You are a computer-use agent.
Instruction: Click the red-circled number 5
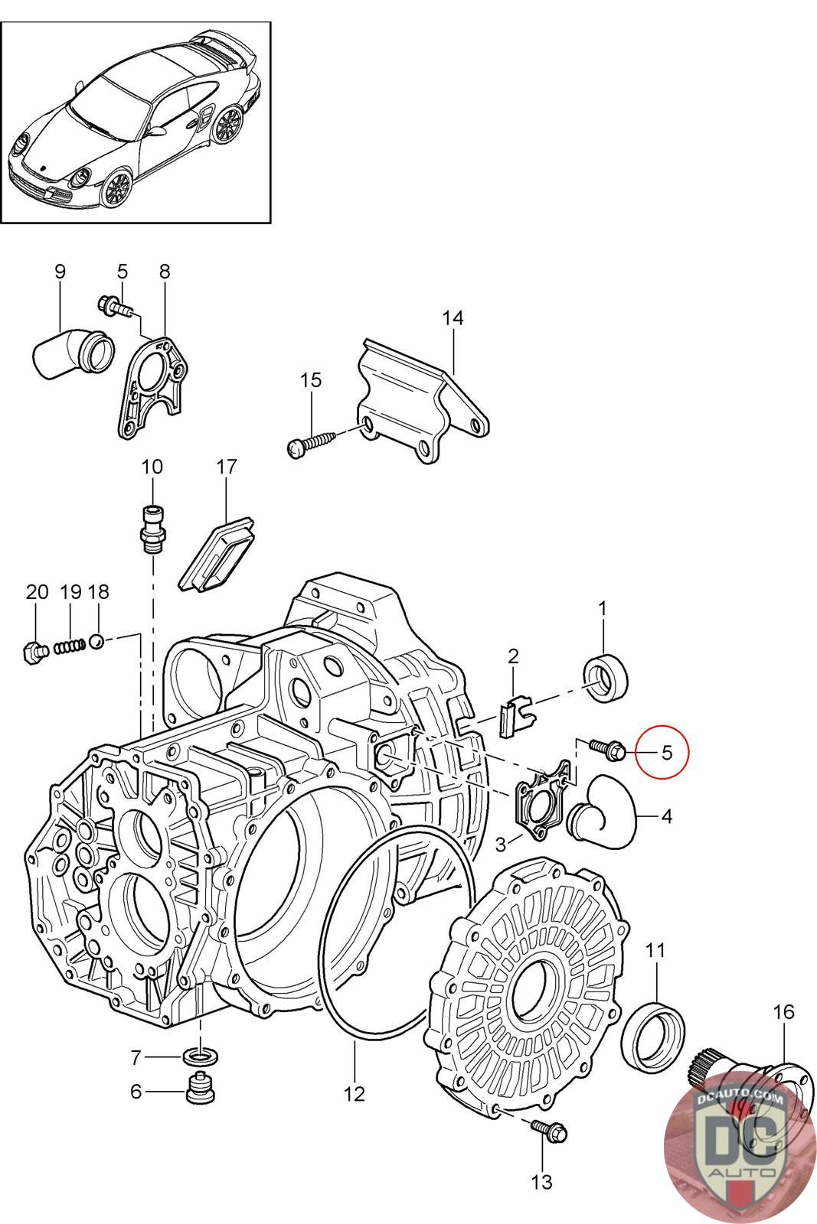(x=666, y=752)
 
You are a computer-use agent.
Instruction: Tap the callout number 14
(x=453, y=318)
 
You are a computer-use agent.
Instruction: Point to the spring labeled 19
(x=70, y=646)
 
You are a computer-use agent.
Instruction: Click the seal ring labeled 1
(x=606, y=678)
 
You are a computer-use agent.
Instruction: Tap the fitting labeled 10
(x=152, y=527)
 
